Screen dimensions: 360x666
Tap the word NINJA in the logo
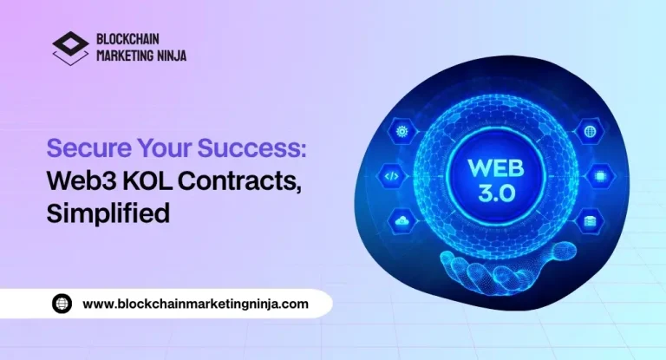[x=168, y=56]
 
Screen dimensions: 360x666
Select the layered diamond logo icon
[x=70, y=47]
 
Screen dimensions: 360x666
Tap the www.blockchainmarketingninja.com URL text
[x=195, y=304]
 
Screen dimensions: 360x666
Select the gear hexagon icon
[x=402, y=131]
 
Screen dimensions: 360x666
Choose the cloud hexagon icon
[x=402, y=220]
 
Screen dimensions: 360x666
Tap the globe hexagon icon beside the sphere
[x=590, y=131]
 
